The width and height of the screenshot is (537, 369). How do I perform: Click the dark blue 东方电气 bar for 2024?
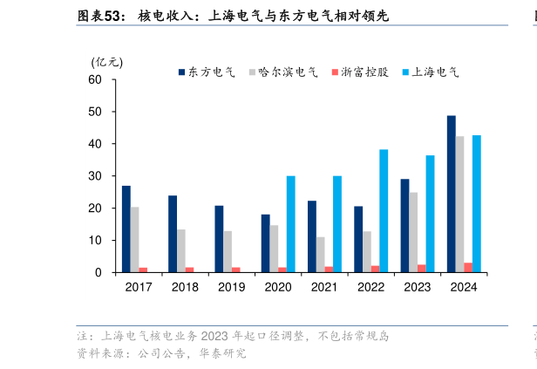451,194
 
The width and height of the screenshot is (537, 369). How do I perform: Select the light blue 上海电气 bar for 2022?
384,210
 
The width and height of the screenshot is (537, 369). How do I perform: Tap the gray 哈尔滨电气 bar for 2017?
135,239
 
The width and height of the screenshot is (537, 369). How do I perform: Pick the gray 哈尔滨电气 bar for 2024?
459,204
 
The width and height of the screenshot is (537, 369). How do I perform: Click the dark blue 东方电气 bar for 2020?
265,243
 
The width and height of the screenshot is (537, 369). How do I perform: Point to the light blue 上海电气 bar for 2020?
290,224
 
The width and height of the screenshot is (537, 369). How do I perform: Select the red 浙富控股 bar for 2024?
468,267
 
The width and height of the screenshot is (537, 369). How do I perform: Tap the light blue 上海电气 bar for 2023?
430,214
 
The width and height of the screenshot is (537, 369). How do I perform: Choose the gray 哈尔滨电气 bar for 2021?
320,255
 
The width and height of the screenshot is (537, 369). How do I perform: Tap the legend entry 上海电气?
429,72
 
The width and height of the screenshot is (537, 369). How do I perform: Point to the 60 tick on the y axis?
95,80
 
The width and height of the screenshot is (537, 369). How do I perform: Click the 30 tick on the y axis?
95,176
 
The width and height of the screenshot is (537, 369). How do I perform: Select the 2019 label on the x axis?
231,287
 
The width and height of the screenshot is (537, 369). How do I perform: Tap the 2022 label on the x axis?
370,287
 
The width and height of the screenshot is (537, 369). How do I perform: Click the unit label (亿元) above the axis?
107,62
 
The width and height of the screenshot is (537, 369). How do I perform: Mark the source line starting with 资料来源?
161,353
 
